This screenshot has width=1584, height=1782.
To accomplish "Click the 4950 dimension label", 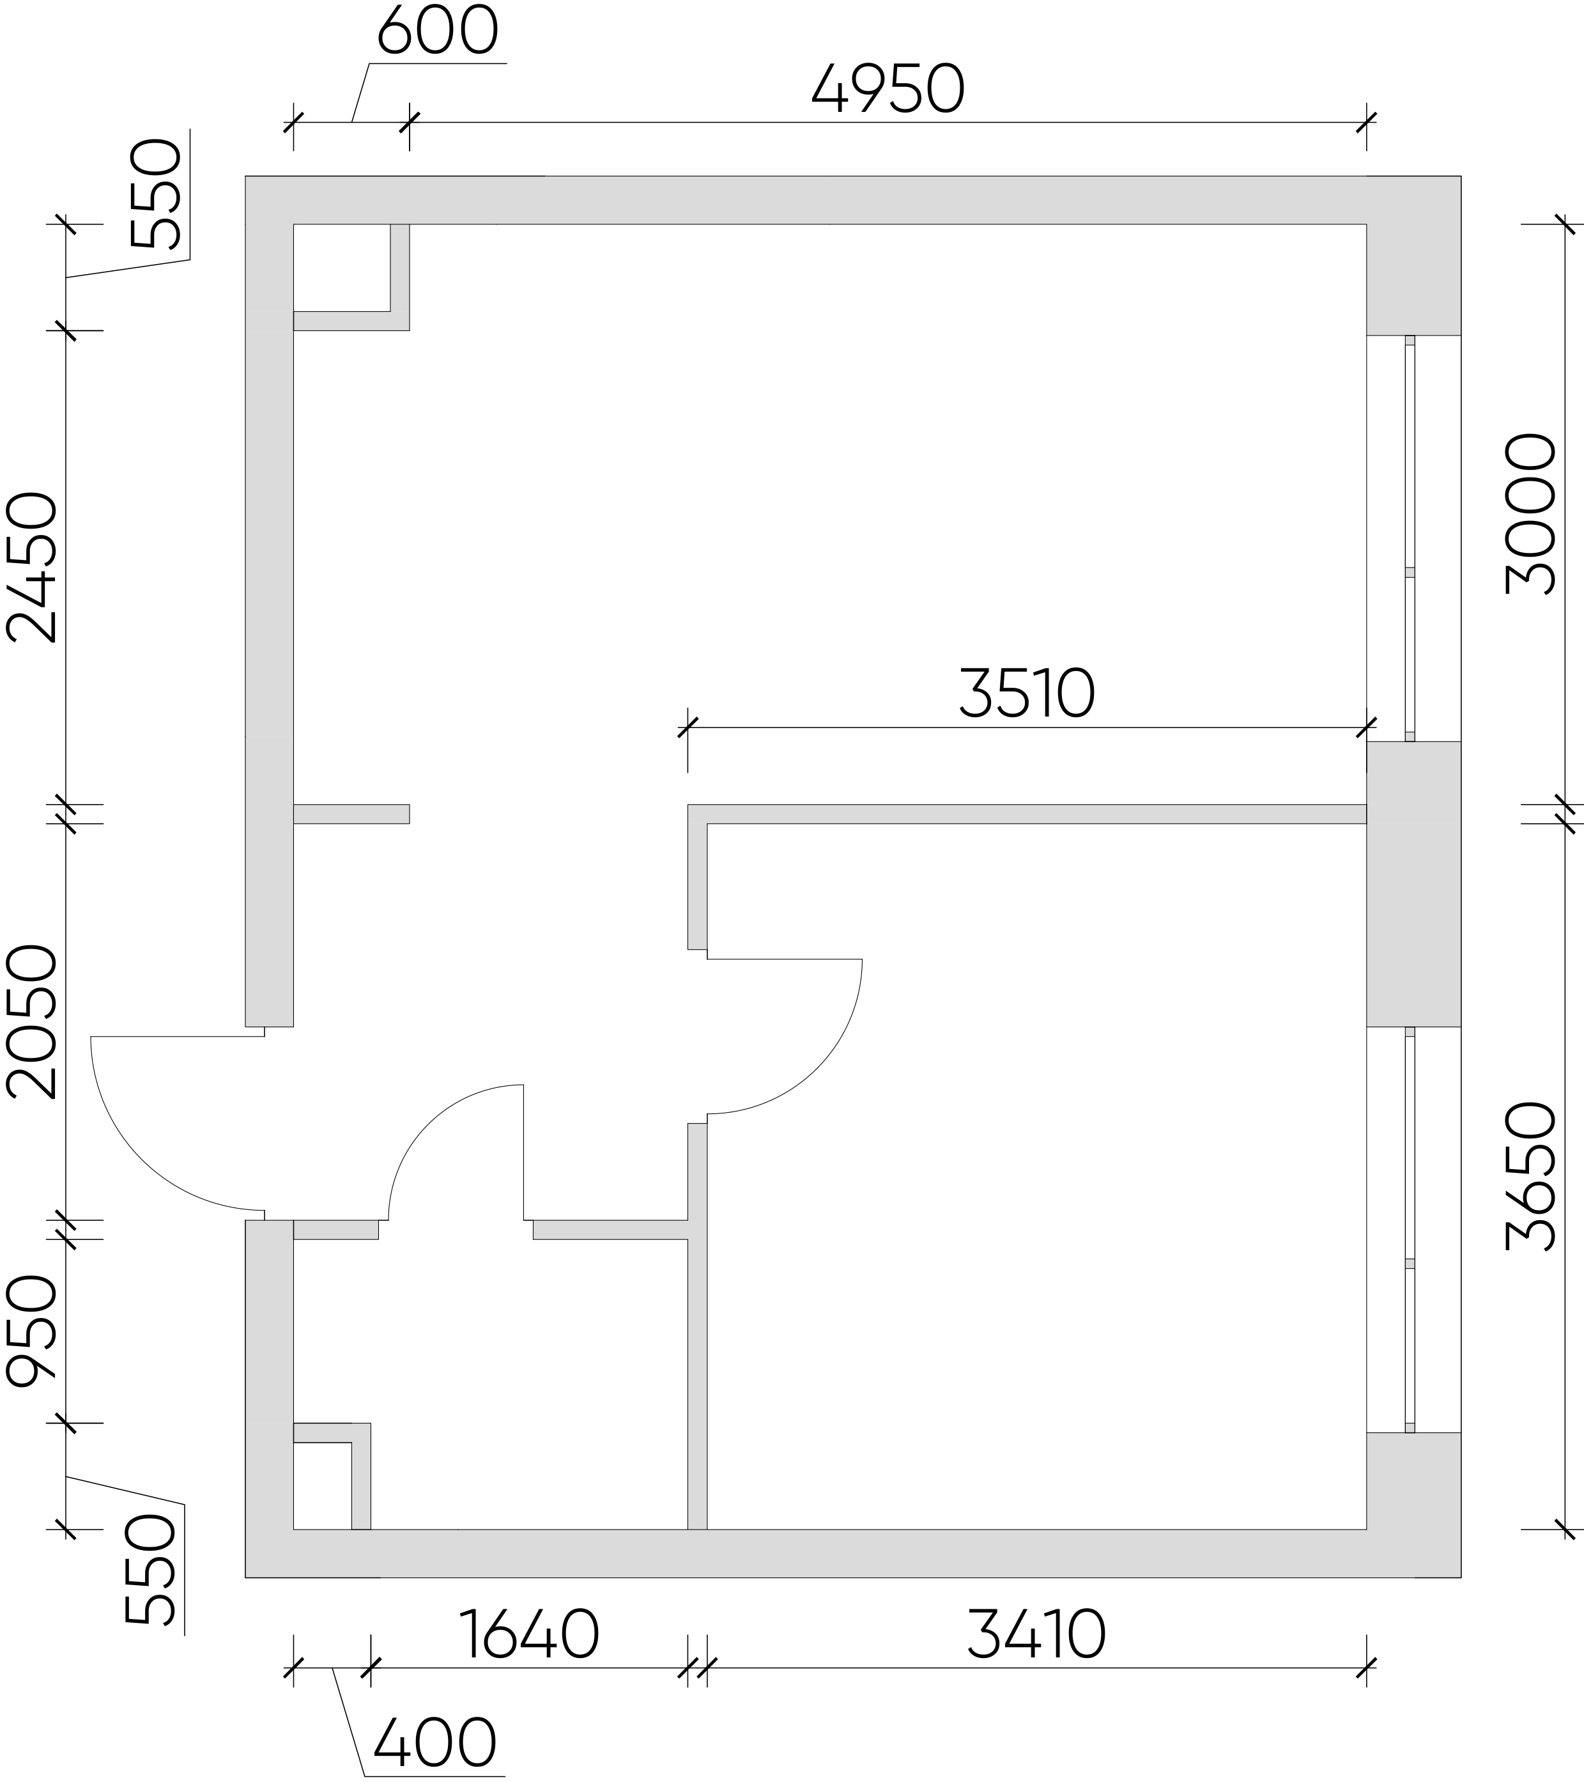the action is point(888,89).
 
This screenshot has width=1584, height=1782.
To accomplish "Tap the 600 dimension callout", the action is point(438,31).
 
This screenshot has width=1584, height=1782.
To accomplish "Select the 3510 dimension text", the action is point(1026,694).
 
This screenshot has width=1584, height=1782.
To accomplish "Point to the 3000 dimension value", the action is point(1532,515).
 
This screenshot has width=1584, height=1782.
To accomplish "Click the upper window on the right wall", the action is point(1410,538).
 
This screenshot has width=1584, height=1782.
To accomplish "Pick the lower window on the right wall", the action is point(1410,1229).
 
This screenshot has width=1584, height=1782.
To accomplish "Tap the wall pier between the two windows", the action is point(1413,884).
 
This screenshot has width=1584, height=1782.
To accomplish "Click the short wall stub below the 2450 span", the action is point(351,814).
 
